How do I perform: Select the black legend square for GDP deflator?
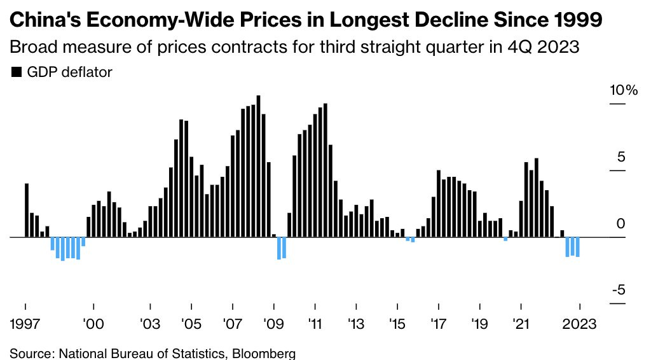point(16,73)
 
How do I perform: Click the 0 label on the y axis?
point(621,224)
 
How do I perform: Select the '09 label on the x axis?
point(274,323)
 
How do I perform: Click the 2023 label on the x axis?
point(580,323)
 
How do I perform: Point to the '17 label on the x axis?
point(438,323)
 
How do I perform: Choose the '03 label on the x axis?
point(150,323)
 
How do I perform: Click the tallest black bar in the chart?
point(259,166)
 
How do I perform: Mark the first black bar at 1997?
point(27,210)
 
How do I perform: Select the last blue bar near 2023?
point(577,247)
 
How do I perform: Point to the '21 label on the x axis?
point(521,323)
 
